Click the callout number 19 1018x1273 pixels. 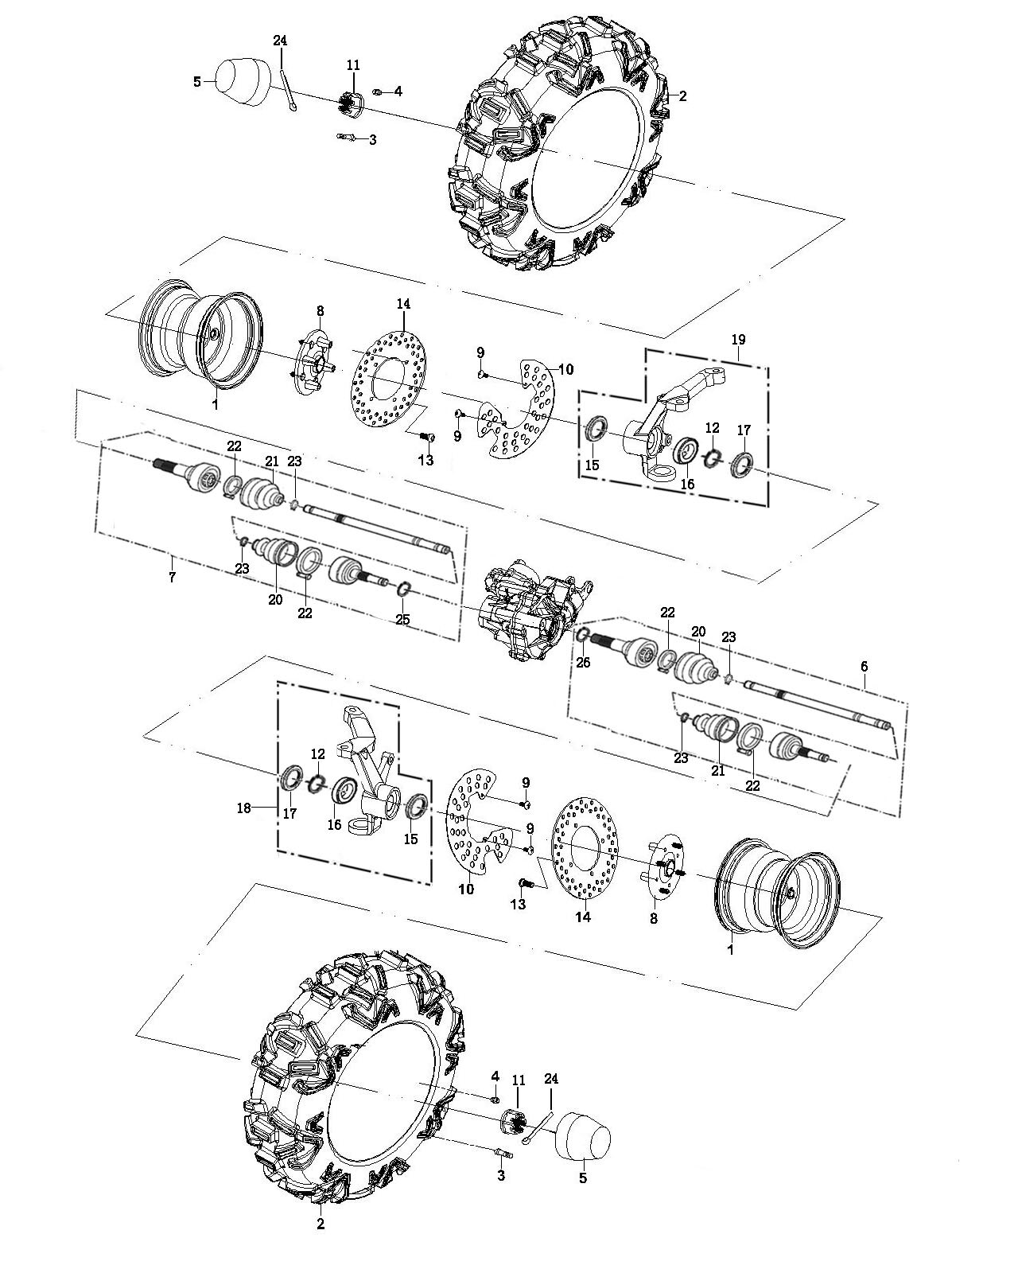[x=737, y=340]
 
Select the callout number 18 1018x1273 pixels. [x=243, y=808]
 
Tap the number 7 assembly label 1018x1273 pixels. [x=172, y=578]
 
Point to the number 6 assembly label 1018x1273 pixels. [x=865, y=667]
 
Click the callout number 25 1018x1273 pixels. [x=402, y=619]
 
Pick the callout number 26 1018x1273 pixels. [x=584, y=662]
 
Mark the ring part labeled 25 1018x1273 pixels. [x=403, y=588]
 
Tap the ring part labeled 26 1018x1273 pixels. [x=582, y=635]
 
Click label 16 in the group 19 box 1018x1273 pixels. [x=687, y=484]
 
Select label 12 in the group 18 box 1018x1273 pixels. [x=318, y=753]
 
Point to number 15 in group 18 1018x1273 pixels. [x=410, y=839]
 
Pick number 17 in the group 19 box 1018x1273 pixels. [x=744, y=430]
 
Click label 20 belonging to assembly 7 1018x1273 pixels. [x=275, y=599]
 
